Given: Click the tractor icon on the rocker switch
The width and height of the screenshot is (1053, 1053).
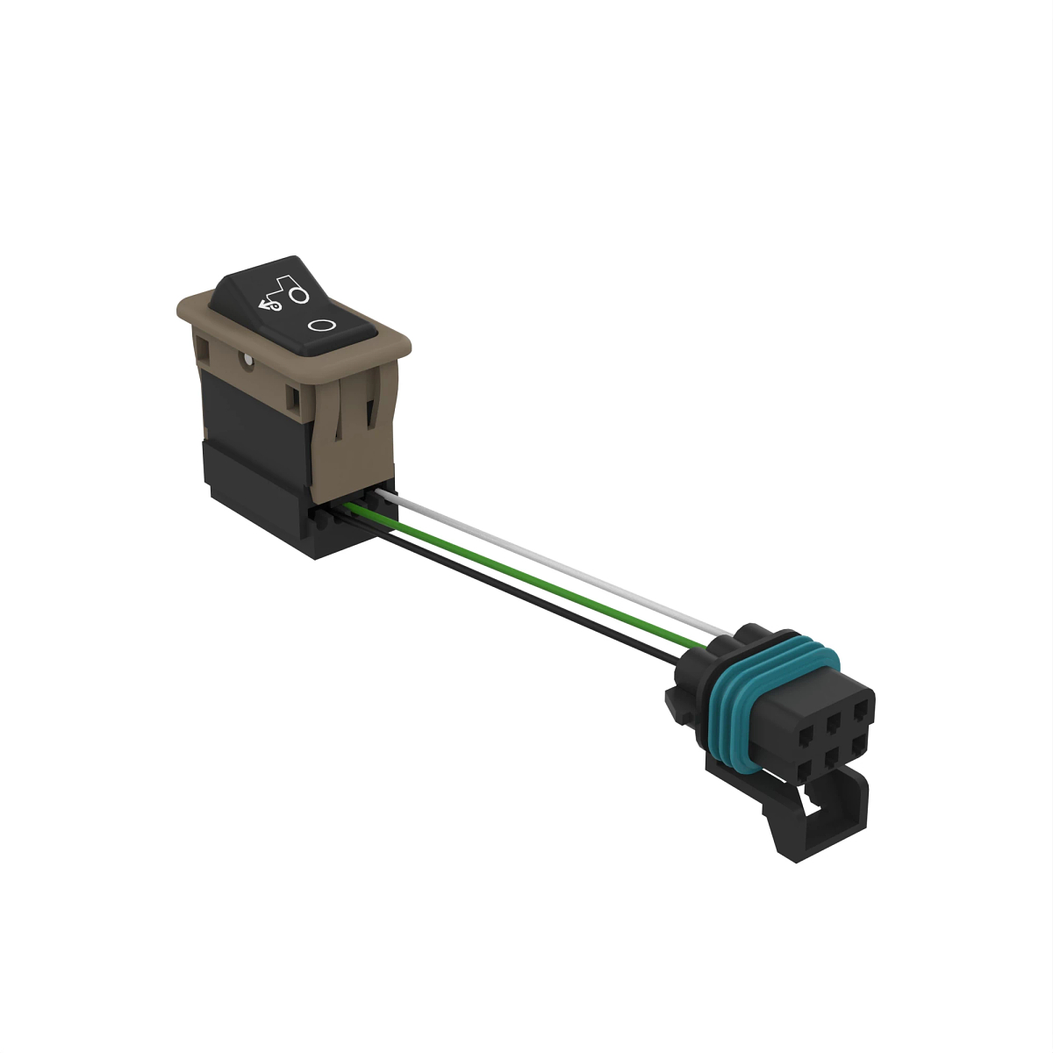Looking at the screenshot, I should point(285,292).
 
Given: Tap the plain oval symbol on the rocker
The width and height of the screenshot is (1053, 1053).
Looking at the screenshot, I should point(322,325).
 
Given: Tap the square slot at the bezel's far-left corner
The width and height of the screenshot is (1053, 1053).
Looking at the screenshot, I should point(204,354).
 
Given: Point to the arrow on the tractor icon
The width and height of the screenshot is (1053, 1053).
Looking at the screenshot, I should point(263,304).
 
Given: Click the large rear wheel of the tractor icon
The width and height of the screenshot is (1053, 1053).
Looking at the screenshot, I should point(299,296).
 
